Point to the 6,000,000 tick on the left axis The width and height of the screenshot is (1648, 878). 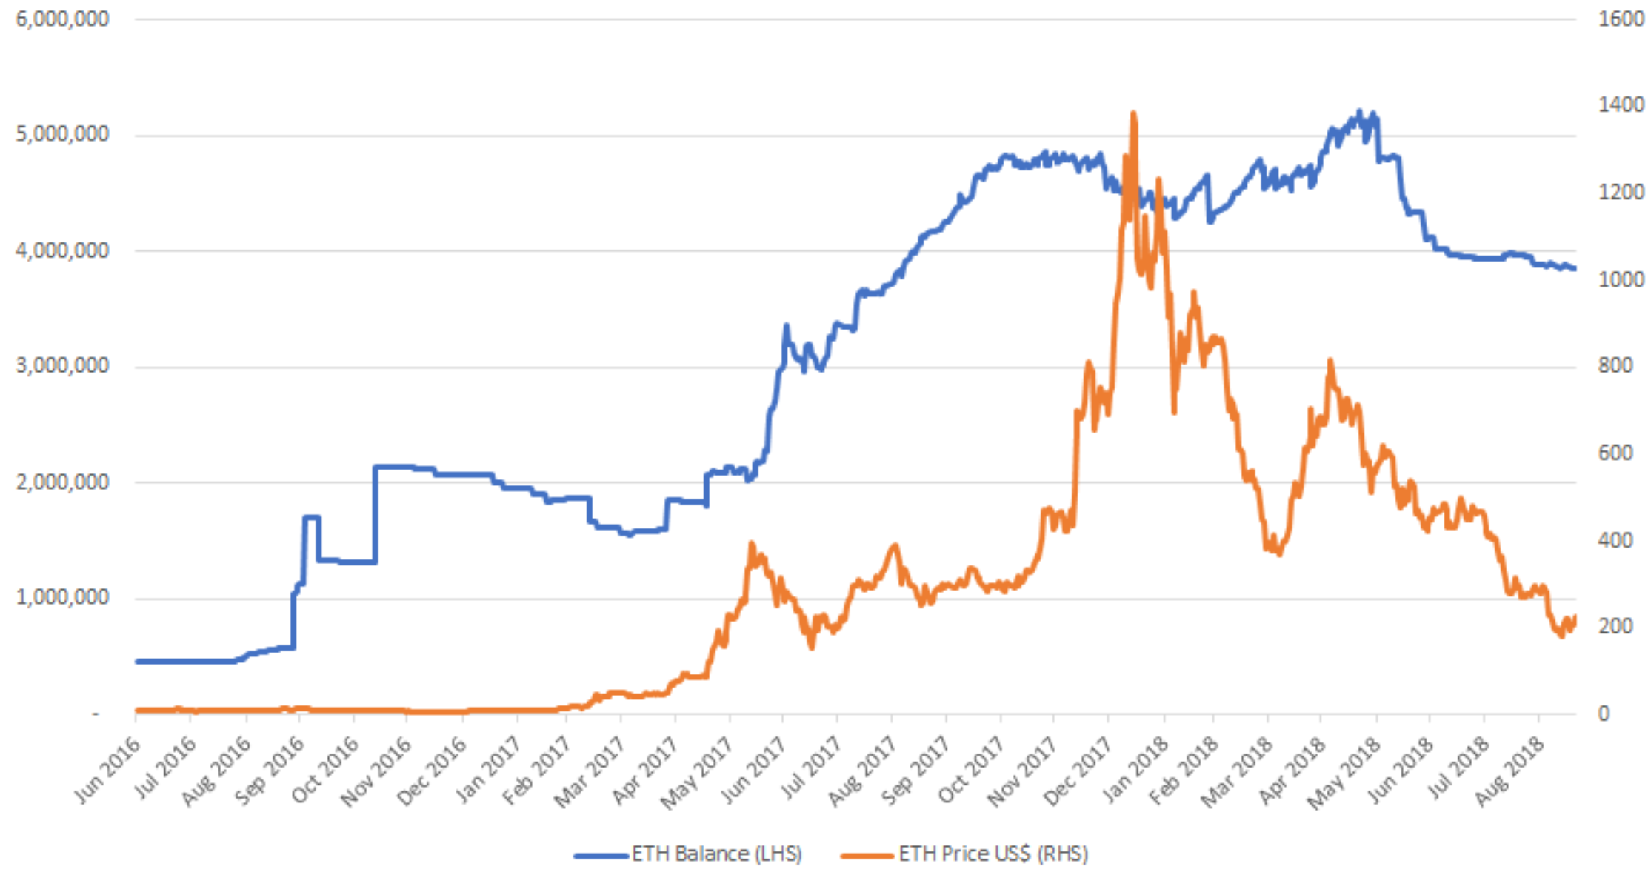(62, 19)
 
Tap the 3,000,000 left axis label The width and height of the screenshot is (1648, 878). (62, 366)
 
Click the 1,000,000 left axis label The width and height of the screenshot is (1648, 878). (62, 597)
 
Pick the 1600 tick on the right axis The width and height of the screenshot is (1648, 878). (1621, 19)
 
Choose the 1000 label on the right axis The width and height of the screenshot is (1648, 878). (1621, 279)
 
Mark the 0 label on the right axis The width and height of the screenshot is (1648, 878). (1604, 714)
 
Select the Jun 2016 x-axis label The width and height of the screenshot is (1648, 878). (108, 771)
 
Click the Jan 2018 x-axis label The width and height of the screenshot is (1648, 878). (1135, 771)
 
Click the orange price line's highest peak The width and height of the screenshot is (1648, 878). (1133, 113)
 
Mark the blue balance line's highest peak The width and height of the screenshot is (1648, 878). (1358, 112)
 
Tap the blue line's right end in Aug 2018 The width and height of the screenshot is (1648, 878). (1574, 268)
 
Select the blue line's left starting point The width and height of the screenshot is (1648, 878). (137, 661)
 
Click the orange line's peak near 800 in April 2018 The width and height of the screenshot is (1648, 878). (1330, 361)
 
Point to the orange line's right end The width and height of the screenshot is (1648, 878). (1574, 617)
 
